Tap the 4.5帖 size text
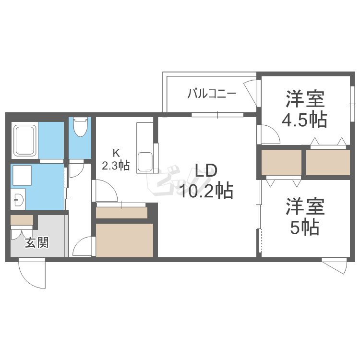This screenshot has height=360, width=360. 304,120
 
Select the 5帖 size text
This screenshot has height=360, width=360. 304,227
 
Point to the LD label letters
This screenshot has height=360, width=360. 206,171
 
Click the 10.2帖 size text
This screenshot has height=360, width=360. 206,191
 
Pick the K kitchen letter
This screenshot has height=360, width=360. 116,154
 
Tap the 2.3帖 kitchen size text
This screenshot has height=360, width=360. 116,166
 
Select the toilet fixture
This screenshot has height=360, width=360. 80,127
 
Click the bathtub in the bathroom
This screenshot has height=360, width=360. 25,140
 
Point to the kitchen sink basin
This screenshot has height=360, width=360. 144,161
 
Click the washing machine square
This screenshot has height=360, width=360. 22,176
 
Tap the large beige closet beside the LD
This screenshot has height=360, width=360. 124,240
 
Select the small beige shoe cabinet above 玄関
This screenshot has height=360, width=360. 22,221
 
